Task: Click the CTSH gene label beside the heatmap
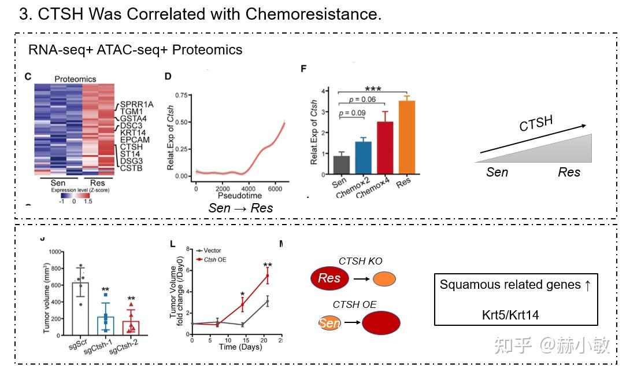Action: click(131, 147)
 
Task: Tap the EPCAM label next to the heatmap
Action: click(135, 139)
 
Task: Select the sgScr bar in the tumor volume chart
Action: click(80, 308)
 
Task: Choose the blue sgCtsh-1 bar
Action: click(106, 325)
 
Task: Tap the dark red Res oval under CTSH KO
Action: click(329, 278)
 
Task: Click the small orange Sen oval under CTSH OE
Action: click(328, 323)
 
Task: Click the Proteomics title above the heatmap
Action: click(75, 79)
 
